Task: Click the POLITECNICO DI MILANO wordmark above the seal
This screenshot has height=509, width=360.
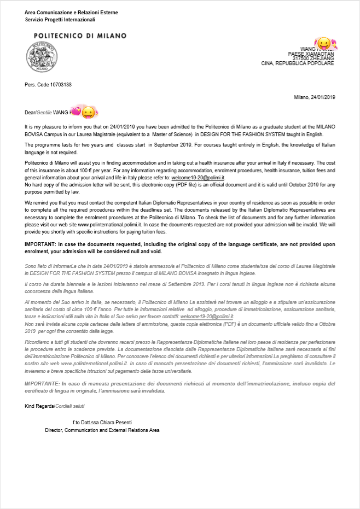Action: point(80,36)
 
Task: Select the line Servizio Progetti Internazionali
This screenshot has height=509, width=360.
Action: point(60,20)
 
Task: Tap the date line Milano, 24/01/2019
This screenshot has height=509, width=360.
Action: point(315,97)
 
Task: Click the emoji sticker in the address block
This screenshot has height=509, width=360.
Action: point(324,43)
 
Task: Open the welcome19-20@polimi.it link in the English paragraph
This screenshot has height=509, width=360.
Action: point(197,178)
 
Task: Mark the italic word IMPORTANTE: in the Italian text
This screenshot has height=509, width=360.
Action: point(44,384)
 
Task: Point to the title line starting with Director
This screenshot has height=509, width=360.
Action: point(102,430)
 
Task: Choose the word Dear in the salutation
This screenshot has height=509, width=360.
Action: point(30,113)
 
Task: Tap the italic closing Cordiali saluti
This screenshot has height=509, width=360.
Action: point(71,406)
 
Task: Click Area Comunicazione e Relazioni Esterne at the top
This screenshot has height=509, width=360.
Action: point(71,13)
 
